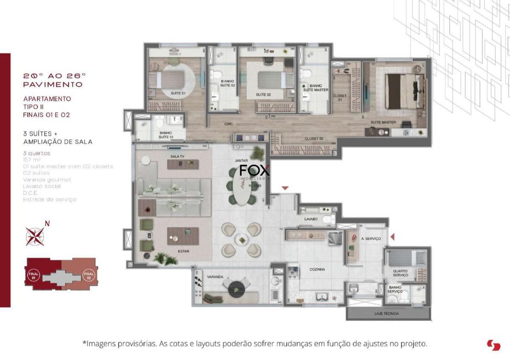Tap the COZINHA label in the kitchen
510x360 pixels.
[317, 269]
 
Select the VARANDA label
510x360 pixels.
[215, 277]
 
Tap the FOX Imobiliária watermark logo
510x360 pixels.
[255, 173]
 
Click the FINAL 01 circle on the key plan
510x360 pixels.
[34, 275]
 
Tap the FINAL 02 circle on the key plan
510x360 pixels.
[89, 275]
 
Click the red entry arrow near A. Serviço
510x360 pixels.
[393, 236]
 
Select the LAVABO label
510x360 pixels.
[311, 219]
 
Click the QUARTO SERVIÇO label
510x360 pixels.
[400, 273]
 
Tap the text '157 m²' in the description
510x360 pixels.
[30, 160]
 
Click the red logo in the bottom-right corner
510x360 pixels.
[493, 345]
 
